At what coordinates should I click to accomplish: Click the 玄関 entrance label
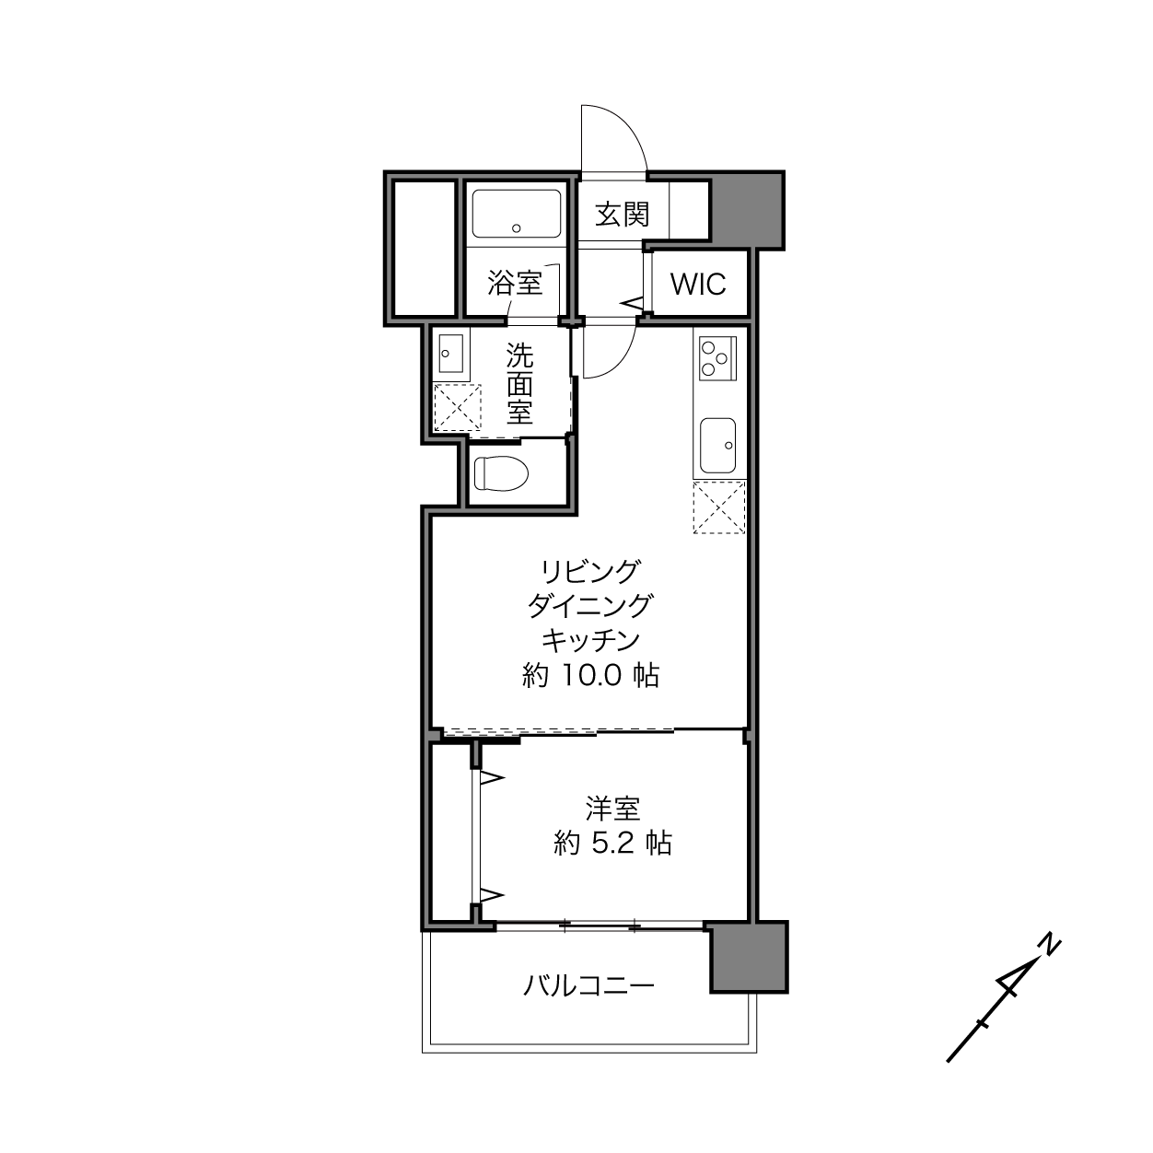[x=622, y=215]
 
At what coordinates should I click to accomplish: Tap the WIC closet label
[x=698, y=285]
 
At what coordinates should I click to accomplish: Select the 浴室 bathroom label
[x=515, y=283]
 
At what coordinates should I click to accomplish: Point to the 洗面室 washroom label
[x=519, y=383]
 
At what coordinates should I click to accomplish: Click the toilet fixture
[x=501, y=474]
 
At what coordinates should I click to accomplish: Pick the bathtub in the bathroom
[x=517, y=215]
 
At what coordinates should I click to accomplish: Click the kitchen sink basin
[x=718, y=445]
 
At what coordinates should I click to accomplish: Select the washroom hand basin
[x=450, y=353]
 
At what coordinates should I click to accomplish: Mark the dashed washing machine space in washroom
[x=457, y=407]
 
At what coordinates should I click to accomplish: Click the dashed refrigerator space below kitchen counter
[x=719, y=507]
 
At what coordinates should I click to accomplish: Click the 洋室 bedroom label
[x=612, y=809]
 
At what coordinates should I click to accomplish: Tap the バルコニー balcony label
[x=588, y=984]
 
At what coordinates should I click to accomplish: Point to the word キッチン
[x=590, y=640]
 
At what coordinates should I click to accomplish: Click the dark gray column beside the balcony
[x=749, y=958]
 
